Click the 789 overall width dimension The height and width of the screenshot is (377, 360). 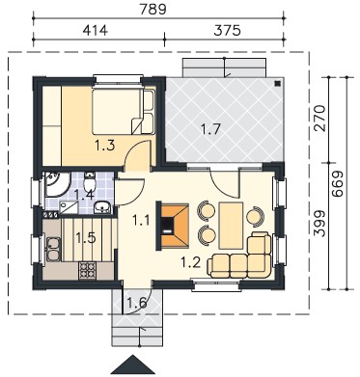pyautogui.click(x=152, y=9)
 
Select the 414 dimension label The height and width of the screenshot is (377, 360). pyautogui.click(x=96, y=30)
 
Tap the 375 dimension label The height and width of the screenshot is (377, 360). pyautogui.click(x=227, y=30)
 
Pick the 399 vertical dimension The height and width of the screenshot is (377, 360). pyautogui.click(x=318, y=224)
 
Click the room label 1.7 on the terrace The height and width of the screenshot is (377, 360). pyautogui.click(x=210, y=129)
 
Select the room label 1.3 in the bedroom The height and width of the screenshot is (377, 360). pyautogui.click(x=105, y=146)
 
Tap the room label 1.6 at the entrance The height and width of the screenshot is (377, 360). pyautogui.click(x=137, y=302)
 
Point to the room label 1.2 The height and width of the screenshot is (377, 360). pyautogui.click(x=190, y=263)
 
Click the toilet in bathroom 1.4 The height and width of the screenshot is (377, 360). pyautogui.click(x=89, y=182)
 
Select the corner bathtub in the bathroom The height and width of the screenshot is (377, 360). pyautogui.click(x=57, y=184)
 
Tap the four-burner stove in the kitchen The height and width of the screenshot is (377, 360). pyautogui.click(x=88, y=270)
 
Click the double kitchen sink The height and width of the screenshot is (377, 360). pyautogui.click(x=53, y=250)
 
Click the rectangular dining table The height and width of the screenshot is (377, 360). pyautogui.click(x=231, y=226)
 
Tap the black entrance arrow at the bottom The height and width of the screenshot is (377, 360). pyautogui.click(x=132, y=364)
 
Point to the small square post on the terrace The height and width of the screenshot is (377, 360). pyautogui.click(x=277, y=84)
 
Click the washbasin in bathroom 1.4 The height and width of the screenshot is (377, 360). pyautogui.click(x=102, y=207)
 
